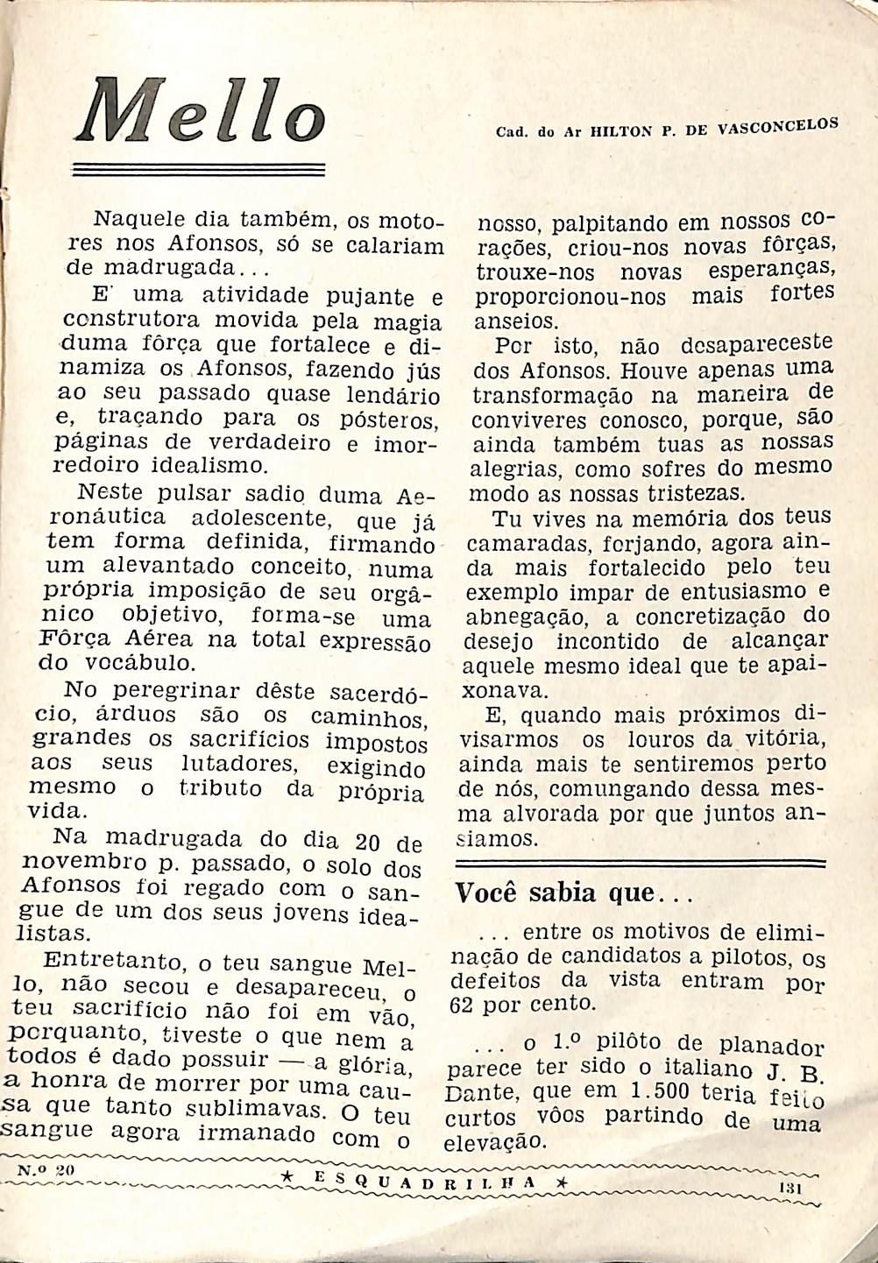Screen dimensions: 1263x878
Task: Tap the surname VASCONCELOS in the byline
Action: [777, 127]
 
